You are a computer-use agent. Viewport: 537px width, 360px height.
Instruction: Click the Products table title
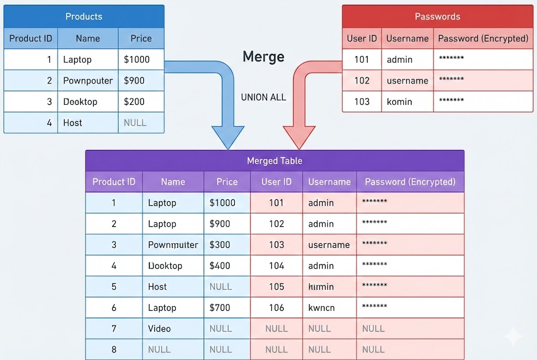[x=84, y=17]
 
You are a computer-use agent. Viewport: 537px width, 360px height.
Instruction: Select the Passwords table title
[x=437, y=17]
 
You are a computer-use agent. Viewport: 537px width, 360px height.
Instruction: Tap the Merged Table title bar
[x=274, y=161]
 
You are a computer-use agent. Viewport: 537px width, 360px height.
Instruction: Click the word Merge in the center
[x=263, y=57]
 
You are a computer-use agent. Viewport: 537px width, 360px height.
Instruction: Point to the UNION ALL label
[x=263, y=97]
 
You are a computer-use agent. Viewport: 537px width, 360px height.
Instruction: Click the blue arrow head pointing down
[x=227, y=137]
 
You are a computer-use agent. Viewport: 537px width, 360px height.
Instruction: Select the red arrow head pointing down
[x=299, y=137]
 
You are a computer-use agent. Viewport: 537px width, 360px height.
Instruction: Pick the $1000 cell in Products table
[x=137, y=60]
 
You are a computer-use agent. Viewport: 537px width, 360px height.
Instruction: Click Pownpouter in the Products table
[x=88, y=81]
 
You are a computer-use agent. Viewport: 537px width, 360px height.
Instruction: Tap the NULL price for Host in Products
[x=135, y=123]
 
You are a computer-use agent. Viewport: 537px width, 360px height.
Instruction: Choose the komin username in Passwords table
[x=399, y=102]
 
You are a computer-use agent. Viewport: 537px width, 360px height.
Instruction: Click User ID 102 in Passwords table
[x=362, y=81]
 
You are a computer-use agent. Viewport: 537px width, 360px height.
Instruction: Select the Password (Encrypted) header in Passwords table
[x=482, y=38]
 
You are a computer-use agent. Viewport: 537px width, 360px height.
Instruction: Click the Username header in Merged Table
[x=329, y=182]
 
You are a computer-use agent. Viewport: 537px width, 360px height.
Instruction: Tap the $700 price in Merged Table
[x=220, y=308]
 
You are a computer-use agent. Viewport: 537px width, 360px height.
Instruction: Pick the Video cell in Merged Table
[x=159, y=329]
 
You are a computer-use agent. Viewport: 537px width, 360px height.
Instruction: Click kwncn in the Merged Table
[x=321, y=308]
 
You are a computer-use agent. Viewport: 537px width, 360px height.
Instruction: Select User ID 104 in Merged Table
[x=276, y=266]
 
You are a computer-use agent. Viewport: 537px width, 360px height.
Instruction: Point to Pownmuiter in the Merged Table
[x=173, y=245]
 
